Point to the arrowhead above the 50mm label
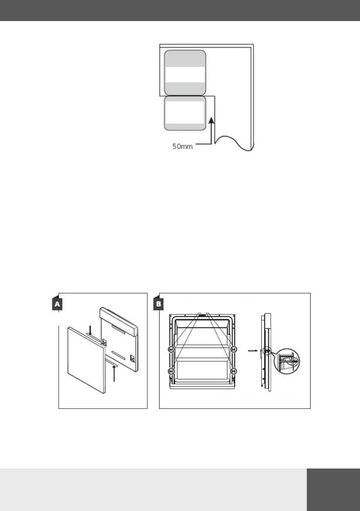[x=211, y=121]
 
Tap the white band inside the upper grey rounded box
[x=185, y=75]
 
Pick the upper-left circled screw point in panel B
[x=171, y=349]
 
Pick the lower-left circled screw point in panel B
[x=171, y=371]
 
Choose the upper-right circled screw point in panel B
[x=233, y=349]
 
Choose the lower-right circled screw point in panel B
[x=233, y=371]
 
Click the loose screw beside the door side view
[x=253, y=351]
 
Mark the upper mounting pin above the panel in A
[x=90, y=330]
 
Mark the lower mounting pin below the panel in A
[x=114, y=372]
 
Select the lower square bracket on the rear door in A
[x=132, y=356]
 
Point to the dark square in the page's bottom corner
[x=333, y=489]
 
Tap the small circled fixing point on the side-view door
[x=267, y=351]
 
